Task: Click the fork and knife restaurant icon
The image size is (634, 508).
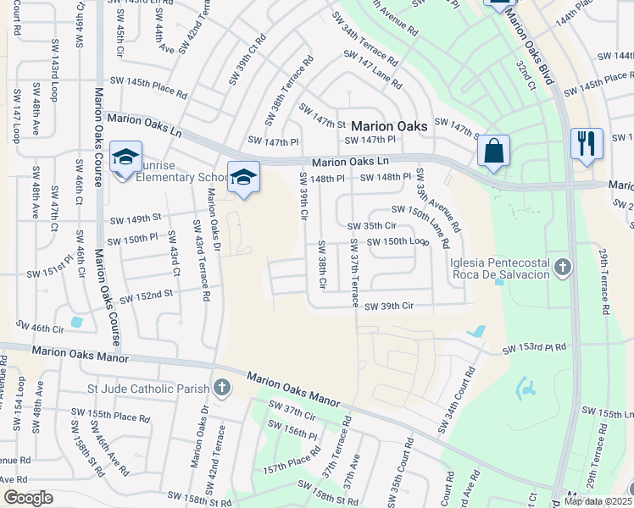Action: [587, 142]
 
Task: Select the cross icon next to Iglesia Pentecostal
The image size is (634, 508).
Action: [562, 268]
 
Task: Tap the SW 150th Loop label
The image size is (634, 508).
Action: [398, 242]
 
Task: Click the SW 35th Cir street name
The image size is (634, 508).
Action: [371, 226]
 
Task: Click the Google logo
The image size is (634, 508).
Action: [28, 499]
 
